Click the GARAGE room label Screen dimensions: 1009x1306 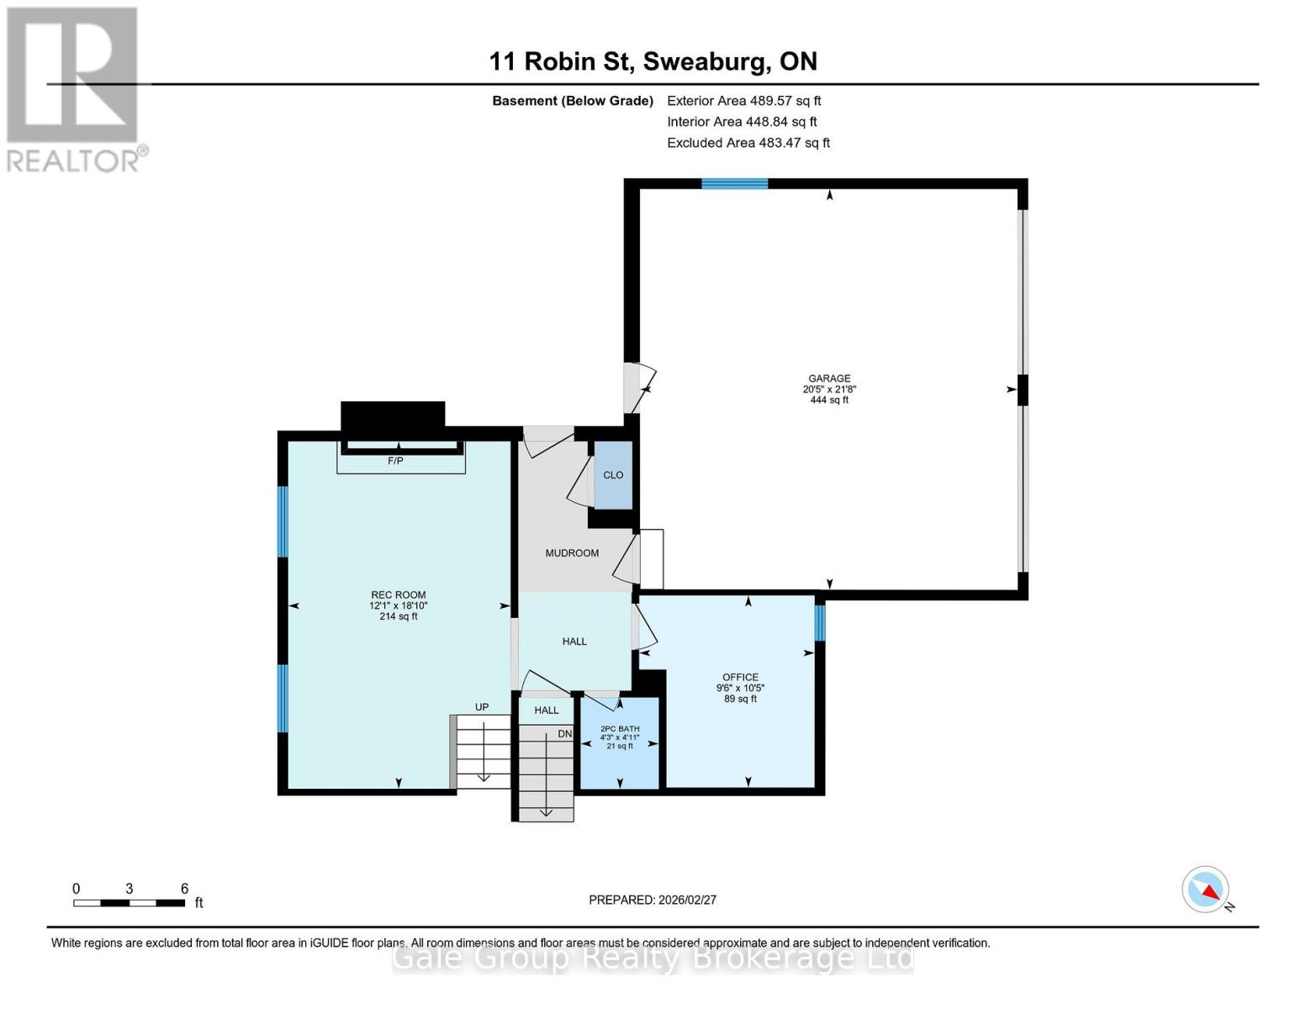click(x=829, y=379)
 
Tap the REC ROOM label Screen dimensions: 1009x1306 click(x=399, y=595)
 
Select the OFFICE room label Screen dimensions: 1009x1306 click(x=740, y=678)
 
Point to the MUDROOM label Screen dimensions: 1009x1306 click(x=572, y=553)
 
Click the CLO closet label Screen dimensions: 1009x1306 click(x=613, y=475)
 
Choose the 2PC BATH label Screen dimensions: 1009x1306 click(x=620, y=729)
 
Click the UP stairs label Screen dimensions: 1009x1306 click(x=482, y=707)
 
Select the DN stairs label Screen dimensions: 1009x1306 click(x=564, y=734)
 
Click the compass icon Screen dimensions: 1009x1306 click(x=1206, y=890)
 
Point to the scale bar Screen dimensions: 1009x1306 click(x=129, y=903)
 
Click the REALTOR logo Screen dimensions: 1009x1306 click(x=73, y=88)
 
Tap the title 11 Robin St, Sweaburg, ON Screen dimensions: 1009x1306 click(x=653, y=61)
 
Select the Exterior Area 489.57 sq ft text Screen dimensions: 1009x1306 click(x=743, y=101)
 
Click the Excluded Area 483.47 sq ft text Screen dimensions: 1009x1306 click(x=748, y=143)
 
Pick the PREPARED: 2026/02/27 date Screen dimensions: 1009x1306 click(x=653, y=900)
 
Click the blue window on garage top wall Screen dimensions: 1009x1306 click(x=734, y=184)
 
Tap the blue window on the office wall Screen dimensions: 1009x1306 click(x=820, y=623)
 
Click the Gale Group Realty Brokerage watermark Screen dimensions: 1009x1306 click(x=653, y=959)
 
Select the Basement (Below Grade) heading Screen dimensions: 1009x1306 click(x=573, y=101)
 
